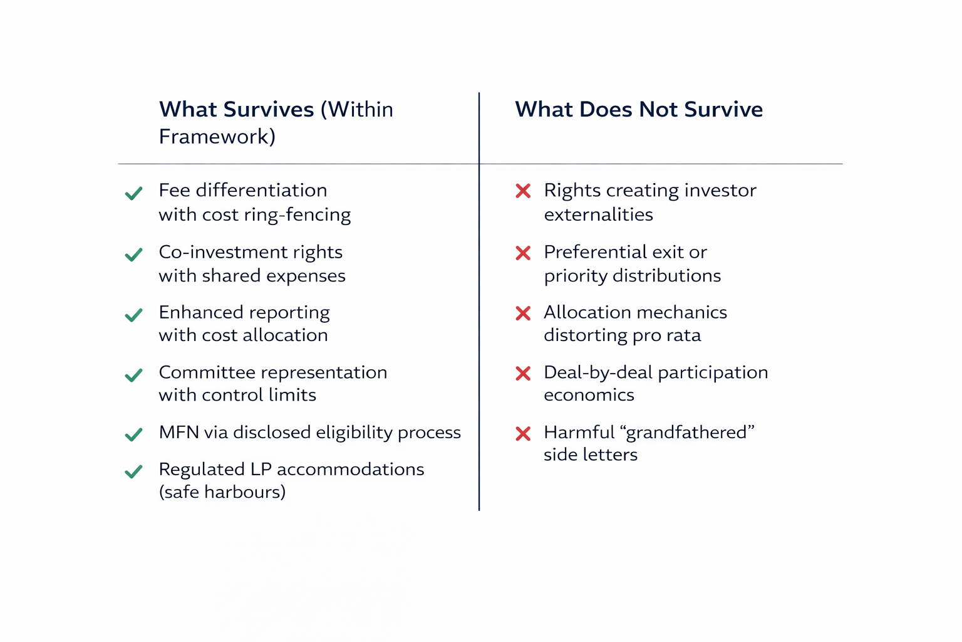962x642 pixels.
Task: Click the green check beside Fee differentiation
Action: point(133,194)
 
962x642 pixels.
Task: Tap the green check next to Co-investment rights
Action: point(133,255)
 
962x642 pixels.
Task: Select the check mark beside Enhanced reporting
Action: point(133,315)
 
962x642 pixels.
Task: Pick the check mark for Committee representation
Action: point(133,375)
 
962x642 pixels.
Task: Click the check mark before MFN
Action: point(133,434)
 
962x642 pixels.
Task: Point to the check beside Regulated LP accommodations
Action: point(133,471)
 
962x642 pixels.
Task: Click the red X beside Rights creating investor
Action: point(523,191)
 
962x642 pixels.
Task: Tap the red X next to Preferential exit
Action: point(523,253)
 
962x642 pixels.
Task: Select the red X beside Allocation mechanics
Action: point(523,313)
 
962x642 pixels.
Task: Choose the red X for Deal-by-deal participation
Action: point(523,373)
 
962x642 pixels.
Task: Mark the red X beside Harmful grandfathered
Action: point(523,433)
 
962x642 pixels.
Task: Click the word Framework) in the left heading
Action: point(217,137)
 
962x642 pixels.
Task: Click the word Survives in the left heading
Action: point(269,109)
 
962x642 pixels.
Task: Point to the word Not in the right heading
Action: point(659,109)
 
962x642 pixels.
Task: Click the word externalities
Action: point(598,214)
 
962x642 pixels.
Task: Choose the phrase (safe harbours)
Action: point(222,492)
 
